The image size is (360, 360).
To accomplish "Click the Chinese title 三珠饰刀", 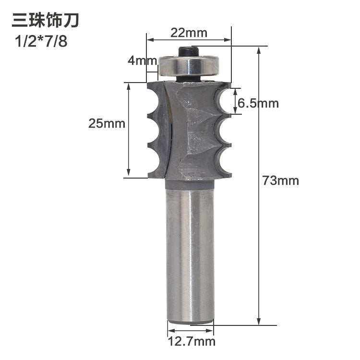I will point(45,21).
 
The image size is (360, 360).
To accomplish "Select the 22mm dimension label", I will point(189,33).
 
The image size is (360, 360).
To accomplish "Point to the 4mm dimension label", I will point(143,61).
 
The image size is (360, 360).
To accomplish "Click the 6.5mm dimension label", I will point(258,103).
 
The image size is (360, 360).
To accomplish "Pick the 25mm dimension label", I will point(107,123).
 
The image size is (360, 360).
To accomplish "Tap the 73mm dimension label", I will point(281,180).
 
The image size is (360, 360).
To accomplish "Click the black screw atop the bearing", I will point(189,50).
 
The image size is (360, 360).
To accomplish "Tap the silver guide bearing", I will point(189,66).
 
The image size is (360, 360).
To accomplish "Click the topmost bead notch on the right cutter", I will point(224,101).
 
